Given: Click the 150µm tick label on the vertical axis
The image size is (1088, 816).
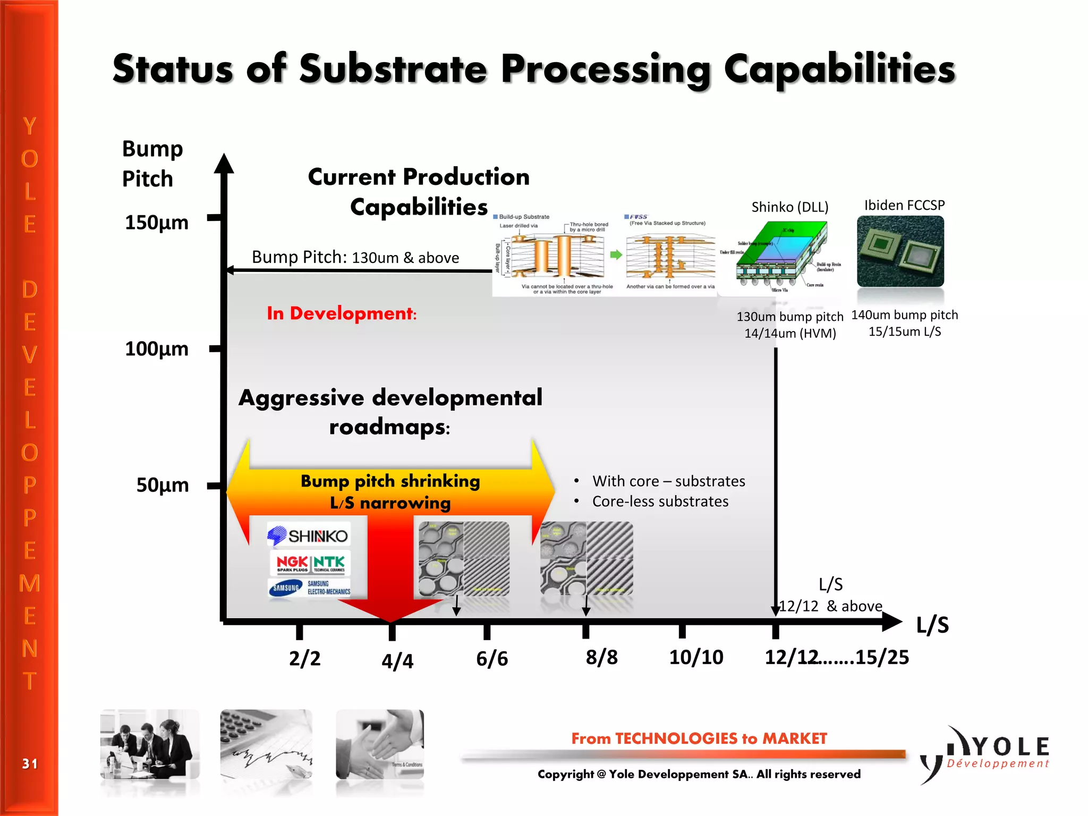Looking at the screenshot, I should (156, 223).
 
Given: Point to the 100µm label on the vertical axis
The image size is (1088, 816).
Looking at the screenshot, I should (156, 349).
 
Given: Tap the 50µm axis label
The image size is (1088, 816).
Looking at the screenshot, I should (162, 485).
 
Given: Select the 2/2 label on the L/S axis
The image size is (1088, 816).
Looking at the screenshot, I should (304, 659).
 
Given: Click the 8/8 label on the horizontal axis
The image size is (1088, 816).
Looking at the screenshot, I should (601, 658).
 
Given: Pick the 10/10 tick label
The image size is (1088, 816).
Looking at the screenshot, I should (696, 658).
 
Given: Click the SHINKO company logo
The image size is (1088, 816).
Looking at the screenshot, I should (308, 535).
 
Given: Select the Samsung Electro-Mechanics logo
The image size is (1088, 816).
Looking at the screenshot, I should (310, 588).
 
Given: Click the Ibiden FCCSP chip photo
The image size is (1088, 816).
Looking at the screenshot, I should (900, 251).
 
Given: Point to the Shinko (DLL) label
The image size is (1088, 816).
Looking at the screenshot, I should (789, 207).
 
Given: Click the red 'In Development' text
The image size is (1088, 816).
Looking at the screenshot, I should (341, 313).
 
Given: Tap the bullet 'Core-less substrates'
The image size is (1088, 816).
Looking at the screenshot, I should (660, 501).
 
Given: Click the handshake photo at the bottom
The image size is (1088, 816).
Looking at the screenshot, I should (380, 744).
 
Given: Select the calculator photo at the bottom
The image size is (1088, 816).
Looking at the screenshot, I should (266, 744).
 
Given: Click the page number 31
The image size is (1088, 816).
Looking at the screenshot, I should (30, 764).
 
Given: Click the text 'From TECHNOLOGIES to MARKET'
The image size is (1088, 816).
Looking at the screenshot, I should (699, 738).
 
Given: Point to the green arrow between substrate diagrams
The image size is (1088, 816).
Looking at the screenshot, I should (616, 255).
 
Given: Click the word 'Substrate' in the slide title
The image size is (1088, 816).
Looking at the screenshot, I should (393, 69).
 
